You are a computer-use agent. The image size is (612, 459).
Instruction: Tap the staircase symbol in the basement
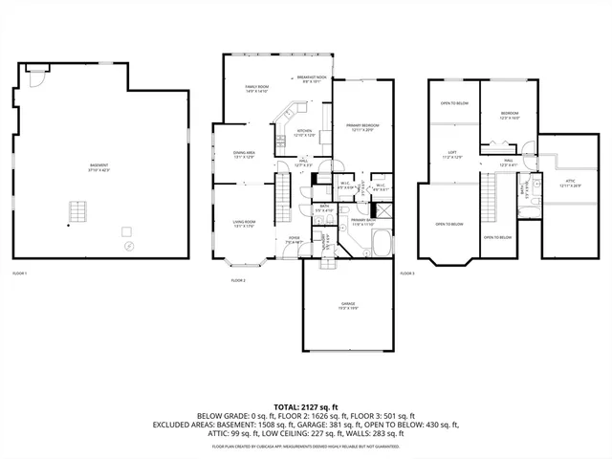(x=76, y=210)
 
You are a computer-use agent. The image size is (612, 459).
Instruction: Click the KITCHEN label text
(x=304, y=133)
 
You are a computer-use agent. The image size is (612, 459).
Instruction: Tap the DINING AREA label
(x=244, y=154)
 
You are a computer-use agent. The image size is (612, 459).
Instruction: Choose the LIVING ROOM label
(x=245, y=224)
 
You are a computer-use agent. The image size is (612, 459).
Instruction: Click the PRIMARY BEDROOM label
(x=362, y=127)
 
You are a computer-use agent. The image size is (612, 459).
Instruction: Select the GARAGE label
(x=348, y=306)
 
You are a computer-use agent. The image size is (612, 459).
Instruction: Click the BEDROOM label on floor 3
(x=510, y=116)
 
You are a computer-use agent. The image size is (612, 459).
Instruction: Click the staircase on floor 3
(x=491, y=202)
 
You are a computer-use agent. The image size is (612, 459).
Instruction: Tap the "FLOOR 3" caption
(x=407, y=273)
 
